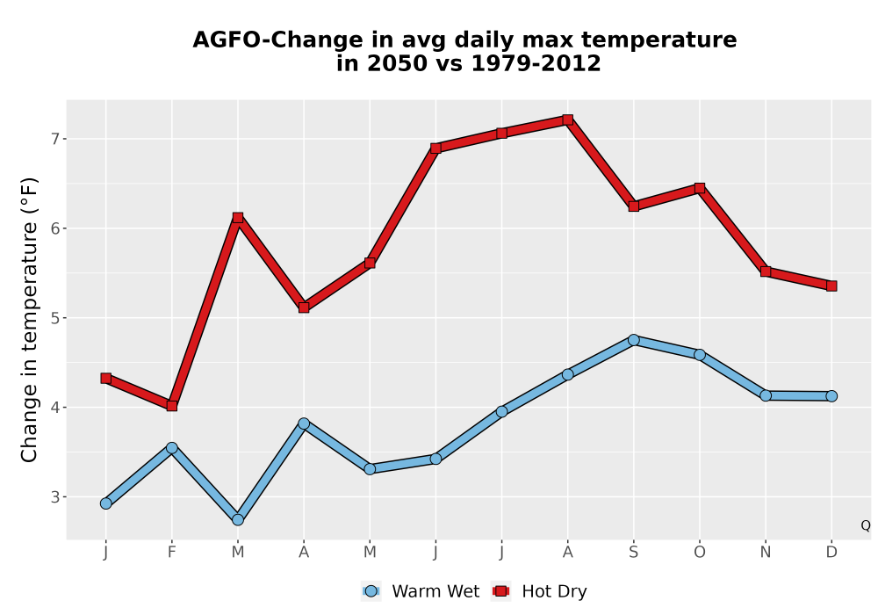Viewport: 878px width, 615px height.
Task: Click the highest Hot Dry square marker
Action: pyautogui.click(x=567, y=119)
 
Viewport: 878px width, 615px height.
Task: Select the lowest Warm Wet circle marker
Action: pyautogui.click(x=238, y=520)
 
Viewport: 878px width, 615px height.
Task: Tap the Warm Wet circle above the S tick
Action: pyautogui.click(x=633, y=340)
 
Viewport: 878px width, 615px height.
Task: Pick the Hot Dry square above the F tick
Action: pyautogui.click(x=172, y=406)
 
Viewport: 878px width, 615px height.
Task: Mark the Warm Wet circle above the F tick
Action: pyautogui.click(x=172, y=447)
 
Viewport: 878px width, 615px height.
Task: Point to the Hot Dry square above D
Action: pyautogui.click(x=831, y=286)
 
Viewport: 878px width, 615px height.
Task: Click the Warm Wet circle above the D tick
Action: pyautogui.click(x=831, y=396)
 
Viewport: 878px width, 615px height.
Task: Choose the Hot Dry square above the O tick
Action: pyautogui.click(x=700, y=188)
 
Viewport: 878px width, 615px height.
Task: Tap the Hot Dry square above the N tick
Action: pyautogui.click(x=766, y=271)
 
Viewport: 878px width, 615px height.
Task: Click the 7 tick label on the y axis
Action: pyautogui.click(x=54, y=139)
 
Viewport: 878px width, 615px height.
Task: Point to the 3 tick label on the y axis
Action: pyautogui.click(x=54, y=496)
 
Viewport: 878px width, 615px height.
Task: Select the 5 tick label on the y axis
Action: pyautogui.click(x=54, y=318)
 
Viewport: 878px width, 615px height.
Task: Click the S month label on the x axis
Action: pyautogui.click(x=633, y=553)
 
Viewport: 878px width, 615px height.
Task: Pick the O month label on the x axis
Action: pyautogui.click(x=700, y=553)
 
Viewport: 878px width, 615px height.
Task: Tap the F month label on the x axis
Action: pyautogui.click(x=172, y=553)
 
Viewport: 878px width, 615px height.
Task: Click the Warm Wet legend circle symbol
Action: pyautogui.click(x=371, y=591)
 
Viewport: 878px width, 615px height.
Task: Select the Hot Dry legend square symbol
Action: pyautogui.click(x=500, y=591)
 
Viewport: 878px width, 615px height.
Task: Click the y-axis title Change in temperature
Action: pyautogui.click(x=29, y=320)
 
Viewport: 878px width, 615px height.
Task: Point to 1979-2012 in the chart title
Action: pyautogui.click(x=536, y=63)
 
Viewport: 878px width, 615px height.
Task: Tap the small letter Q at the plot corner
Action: pyautogui.click(x=866, y=525)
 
